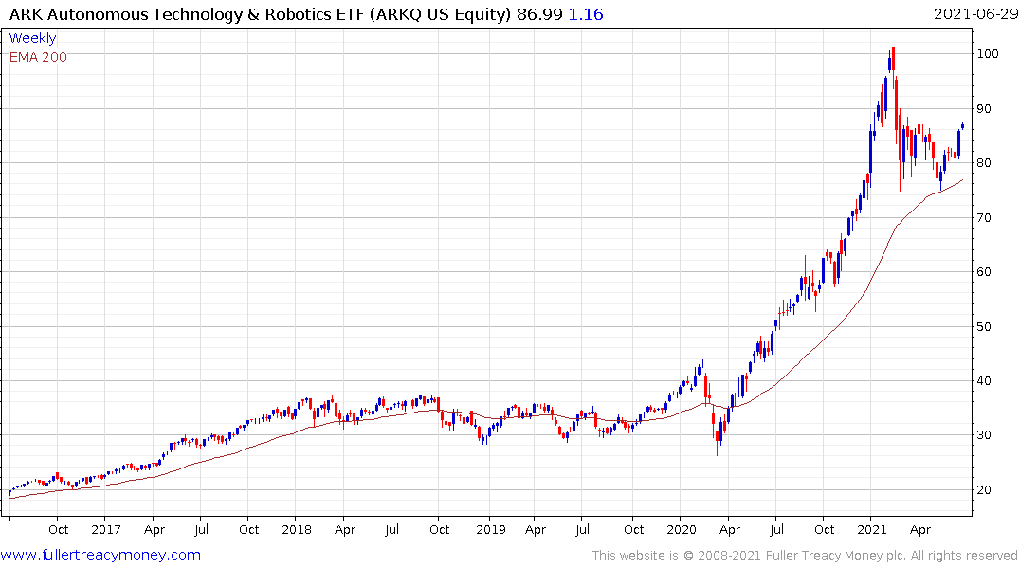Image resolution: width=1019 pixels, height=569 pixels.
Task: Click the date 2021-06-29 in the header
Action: pyautogui.click(x=972, y=14)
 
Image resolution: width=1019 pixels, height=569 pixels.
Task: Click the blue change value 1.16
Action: pyautogui.click(x=585, y=14)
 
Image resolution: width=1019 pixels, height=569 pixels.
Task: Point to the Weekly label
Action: pyautogui.click(x=32, y=38)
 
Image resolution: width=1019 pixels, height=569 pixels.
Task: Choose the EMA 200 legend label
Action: pyautogui.click(x=38, y=57)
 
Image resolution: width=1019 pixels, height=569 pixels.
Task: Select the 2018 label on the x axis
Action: pyautogui.click(x=297, y=530)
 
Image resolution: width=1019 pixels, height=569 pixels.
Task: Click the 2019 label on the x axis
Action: pyautogui.click(x=489, y=530)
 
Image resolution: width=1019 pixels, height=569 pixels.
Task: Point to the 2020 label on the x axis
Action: pyautogui.click(x=682, y=530)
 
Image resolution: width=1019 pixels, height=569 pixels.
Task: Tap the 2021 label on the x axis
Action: pyautogui.click(x=873, y=530)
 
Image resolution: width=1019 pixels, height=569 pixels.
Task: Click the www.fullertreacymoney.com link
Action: pyautogui.click(x=100, y=555)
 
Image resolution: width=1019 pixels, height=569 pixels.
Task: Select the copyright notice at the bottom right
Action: pyautogui.click(x=806, y=555)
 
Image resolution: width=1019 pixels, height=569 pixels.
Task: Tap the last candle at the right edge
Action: pyautogui.click(x=963, y=126)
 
